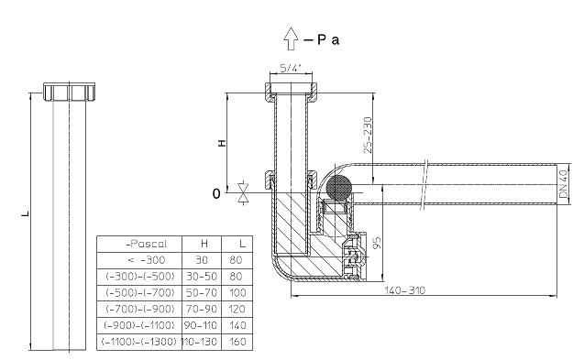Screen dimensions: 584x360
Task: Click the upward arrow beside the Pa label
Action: tap(291, 38)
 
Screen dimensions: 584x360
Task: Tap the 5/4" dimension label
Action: tap(291, 68)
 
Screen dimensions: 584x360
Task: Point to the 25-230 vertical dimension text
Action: tap(368, 135)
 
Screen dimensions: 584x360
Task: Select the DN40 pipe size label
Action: tap(563, 184)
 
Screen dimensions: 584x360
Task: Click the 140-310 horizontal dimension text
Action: tap(404, 290)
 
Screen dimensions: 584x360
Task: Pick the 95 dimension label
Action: tap(377, 243)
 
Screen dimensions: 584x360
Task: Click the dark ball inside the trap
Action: tap(339, 187)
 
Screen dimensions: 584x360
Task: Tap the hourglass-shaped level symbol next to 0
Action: tap(243, 192)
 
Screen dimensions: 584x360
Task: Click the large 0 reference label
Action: tap(216, 193)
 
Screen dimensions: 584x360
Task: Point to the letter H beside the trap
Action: tap(222, 143)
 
